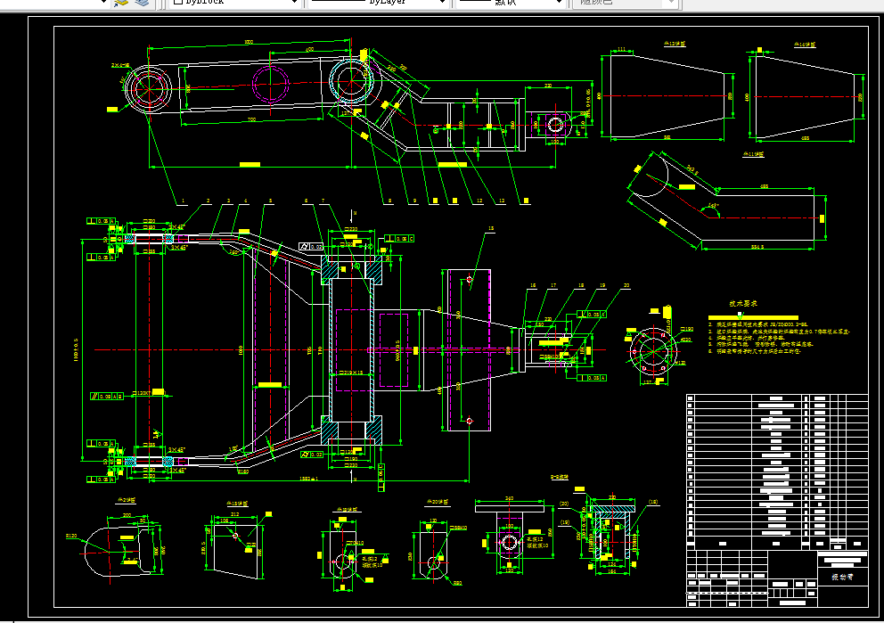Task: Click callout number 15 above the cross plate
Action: (489, 229)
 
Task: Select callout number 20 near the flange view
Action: (626, 286)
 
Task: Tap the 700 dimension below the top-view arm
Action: (252, 119)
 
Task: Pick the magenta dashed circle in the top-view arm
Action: (271, 85)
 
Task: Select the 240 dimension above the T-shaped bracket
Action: (510, 498)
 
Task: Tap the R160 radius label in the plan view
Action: (242, 471)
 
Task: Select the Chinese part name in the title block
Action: (842, 578)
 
